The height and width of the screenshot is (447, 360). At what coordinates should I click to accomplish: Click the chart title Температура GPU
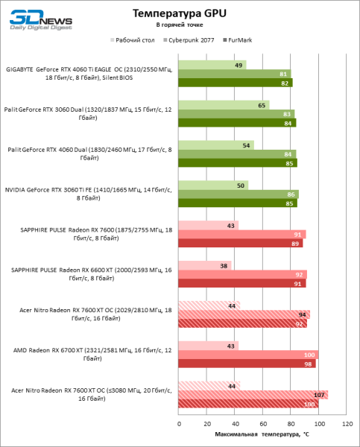pyautogui.click(x=180, y=13)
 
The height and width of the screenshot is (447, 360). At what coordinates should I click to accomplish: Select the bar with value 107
pyautogui.click(x=253, y=395)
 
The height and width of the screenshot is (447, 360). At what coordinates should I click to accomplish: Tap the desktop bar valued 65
pyautogui.click(x=224, y=105)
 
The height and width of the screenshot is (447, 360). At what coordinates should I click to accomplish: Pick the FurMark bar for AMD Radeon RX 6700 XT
pyautogui.click(x=247, y=364)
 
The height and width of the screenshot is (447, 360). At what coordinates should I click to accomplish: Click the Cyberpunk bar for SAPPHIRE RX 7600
pyautogui.click(x=242, y=234)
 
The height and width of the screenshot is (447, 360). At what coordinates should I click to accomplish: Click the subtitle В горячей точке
pyautogui.click(x=180, y=25)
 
